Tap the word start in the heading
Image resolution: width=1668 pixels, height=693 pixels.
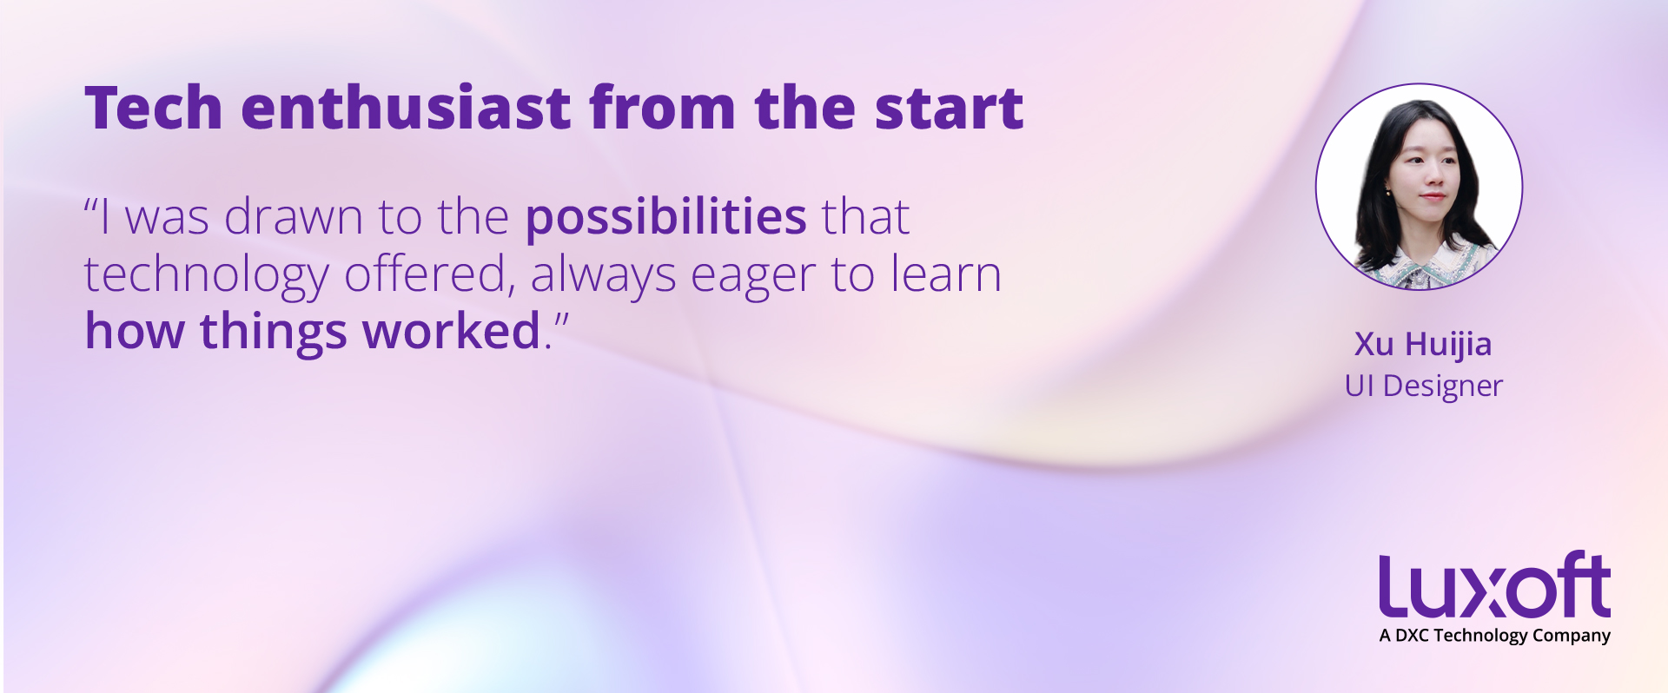[950, 109]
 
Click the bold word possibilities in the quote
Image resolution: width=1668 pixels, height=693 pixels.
[666, 217]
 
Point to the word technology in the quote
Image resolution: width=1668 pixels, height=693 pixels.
[207, 276]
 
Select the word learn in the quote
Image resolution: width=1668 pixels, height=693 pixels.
[947, 274]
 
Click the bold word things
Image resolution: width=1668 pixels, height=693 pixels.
[274, 333]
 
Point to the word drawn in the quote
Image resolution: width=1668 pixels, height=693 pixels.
[294, 217]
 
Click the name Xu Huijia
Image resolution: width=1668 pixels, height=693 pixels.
[1423, 345]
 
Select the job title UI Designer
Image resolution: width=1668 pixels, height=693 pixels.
[1423, 386]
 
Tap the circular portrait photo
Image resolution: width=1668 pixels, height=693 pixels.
[1419, 187]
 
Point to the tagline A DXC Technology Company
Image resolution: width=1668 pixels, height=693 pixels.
[1494, 636]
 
